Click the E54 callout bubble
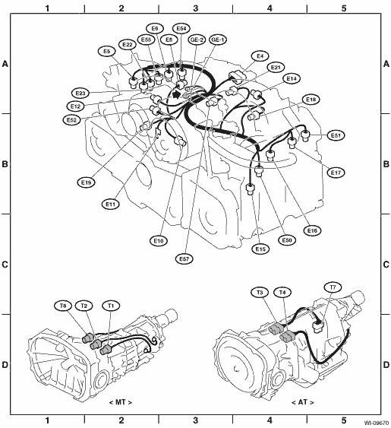(181, 28)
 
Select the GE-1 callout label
(218, 40)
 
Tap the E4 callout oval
(260, 56)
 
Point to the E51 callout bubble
(336, 135)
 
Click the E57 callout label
(184, 258)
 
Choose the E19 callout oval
(86, 182)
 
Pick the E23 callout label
(80, 94)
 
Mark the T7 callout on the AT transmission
(333, 287)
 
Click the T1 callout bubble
(111, 306)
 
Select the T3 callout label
(260, 293)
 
